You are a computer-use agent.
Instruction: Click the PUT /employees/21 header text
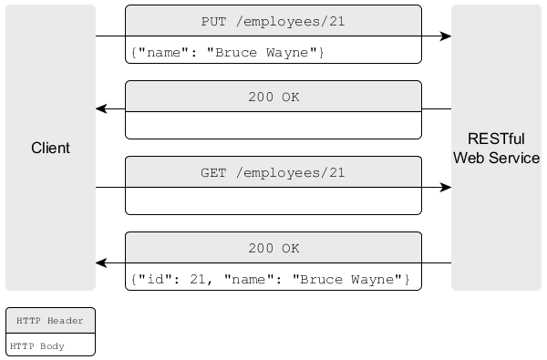pos(273,20)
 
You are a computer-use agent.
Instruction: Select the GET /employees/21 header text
pos(273,172)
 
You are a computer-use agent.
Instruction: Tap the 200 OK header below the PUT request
pos(273,96)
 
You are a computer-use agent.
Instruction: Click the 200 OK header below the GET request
pos(273,248)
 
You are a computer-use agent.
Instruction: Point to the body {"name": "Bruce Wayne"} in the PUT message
pos(227,52)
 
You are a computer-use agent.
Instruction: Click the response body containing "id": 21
pos(270,278)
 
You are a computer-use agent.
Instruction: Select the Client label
pos(50,148)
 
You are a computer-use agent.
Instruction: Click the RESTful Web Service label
pos(496,148)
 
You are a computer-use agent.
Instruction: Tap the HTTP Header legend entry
pos(50,321)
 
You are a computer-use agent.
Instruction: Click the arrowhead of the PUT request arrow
pos(446,36)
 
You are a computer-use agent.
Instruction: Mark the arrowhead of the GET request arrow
pos(446,188)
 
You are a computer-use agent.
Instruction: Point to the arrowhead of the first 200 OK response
pos(102,109)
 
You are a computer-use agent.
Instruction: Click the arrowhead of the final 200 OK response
pos(102,263)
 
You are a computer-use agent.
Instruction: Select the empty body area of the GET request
pos(273,202)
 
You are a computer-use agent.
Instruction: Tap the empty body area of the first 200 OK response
pos(273,125)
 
